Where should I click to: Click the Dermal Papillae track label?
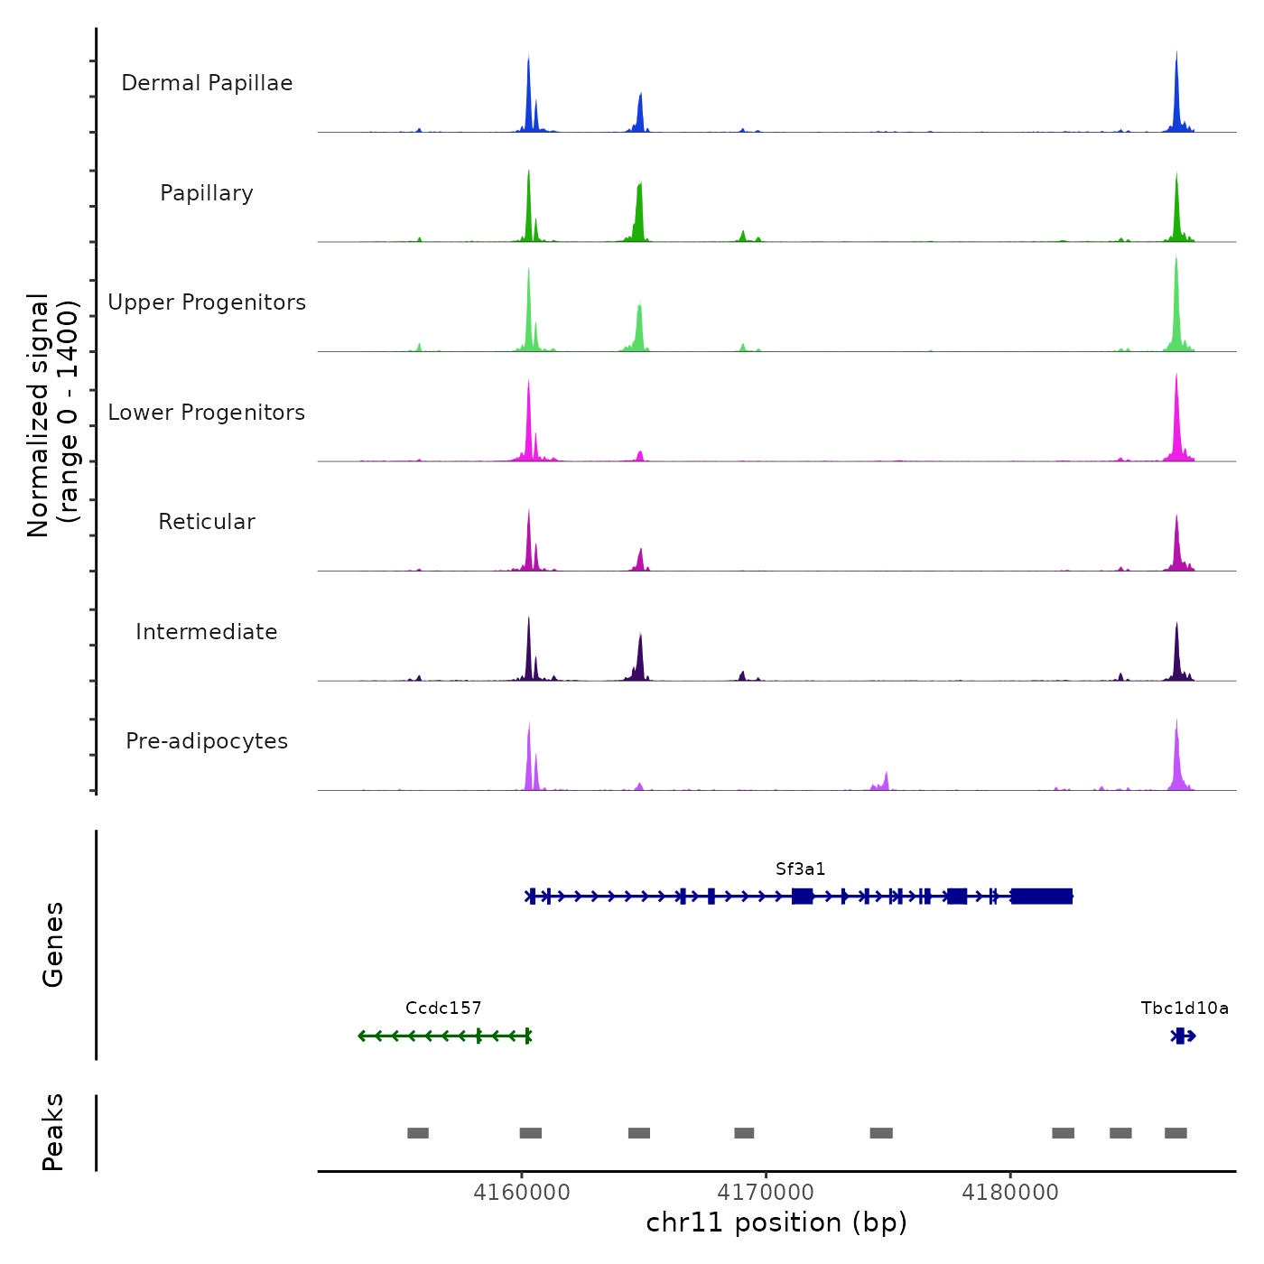pyautogui.click(x=207, y=83)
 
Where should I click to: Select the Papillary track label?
pyautogui.click(x=207, y=193)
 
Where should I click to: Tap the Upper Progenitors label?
pyautogui.click(x=207, y=302)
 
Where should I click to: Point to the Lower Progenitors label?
pyautogui.click(x=207, y=413)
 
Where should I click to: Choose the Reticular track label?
pyautogui.click(x=207, y=522)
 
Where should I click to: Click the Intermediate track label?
pyautogui.click(x=207, y=632)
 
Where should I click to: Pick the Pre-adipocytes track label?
pyautogui.click(x=207, y=741)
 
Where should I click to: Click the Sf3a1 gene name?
pyautogui.click(x=800, y=869)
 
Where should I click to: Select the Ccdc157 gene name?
pyautogui.click(x=443, y=1008)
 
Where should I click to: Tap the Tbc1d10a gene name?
pyautogui.click(x=1185, y=1008)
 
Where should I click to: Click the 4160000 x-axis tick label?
pyautogui.click(x=522, y=1193)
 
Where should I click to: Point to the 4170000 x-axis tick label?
pyautogui.click(x=767, y=1193)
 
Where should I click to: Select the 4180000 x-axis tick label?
pyautogui.click(x=1010, y=1193)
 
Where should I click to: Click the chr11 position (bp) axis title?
pyautogui.click(x=776, y=1222)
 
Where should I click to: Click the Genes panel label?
pyautogui.click(x=53, y=944)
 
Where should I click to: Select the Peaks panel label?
pyautogui.click(x=53, y=1132)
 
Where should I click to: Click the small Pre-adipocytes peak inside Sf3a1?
pyautogui.click(x=886, y=781)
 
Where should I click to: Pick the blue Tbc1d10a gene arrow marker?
pyautogui.click(x=1183, y=1036)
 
